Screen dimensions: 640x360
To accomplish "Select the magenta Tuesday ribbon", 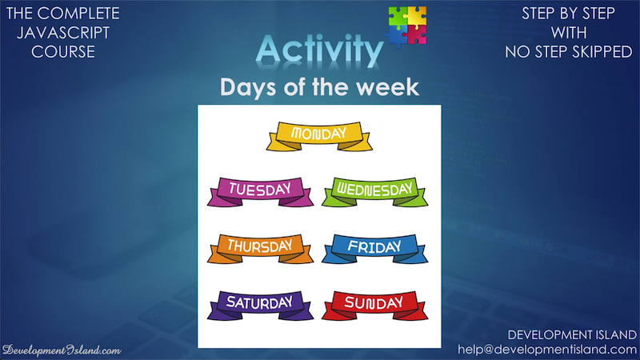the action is pos(260,192).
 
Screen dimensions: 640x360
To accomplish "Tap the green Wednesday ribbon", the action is pos(374,192).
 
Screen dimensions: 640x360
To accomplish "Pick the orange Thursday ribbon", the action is pos(260,249).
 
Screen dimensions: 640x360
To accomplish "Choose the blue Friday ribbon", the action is pos(374,249).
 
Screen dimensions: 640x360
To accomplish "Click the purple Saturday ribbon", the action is pos(260,306).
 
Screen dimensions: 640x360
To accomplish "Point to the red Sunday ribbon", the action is pos(374,306).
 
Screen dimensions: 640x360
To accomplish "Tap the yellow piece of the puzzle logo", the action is pos(417,16).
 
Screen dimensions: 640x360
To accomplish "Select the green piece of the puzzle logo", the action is pos(398,16).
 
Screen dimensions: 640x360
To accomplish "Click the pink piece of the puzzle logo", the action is pos(416,34).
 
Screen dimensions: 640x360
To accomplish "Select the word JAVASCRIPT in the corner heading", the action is pos(63,33).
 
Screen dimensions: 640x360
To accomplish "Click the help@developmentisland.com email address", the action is pos(547,350).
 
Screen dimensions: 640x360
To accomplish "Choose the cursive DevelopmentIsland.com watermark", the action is pos(62,350).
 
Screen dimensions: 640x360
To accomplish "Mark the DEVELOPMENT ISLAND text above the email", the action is pos(572,335).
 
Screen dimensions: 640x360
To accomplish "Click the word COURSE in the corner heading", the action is pos(63,52).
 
